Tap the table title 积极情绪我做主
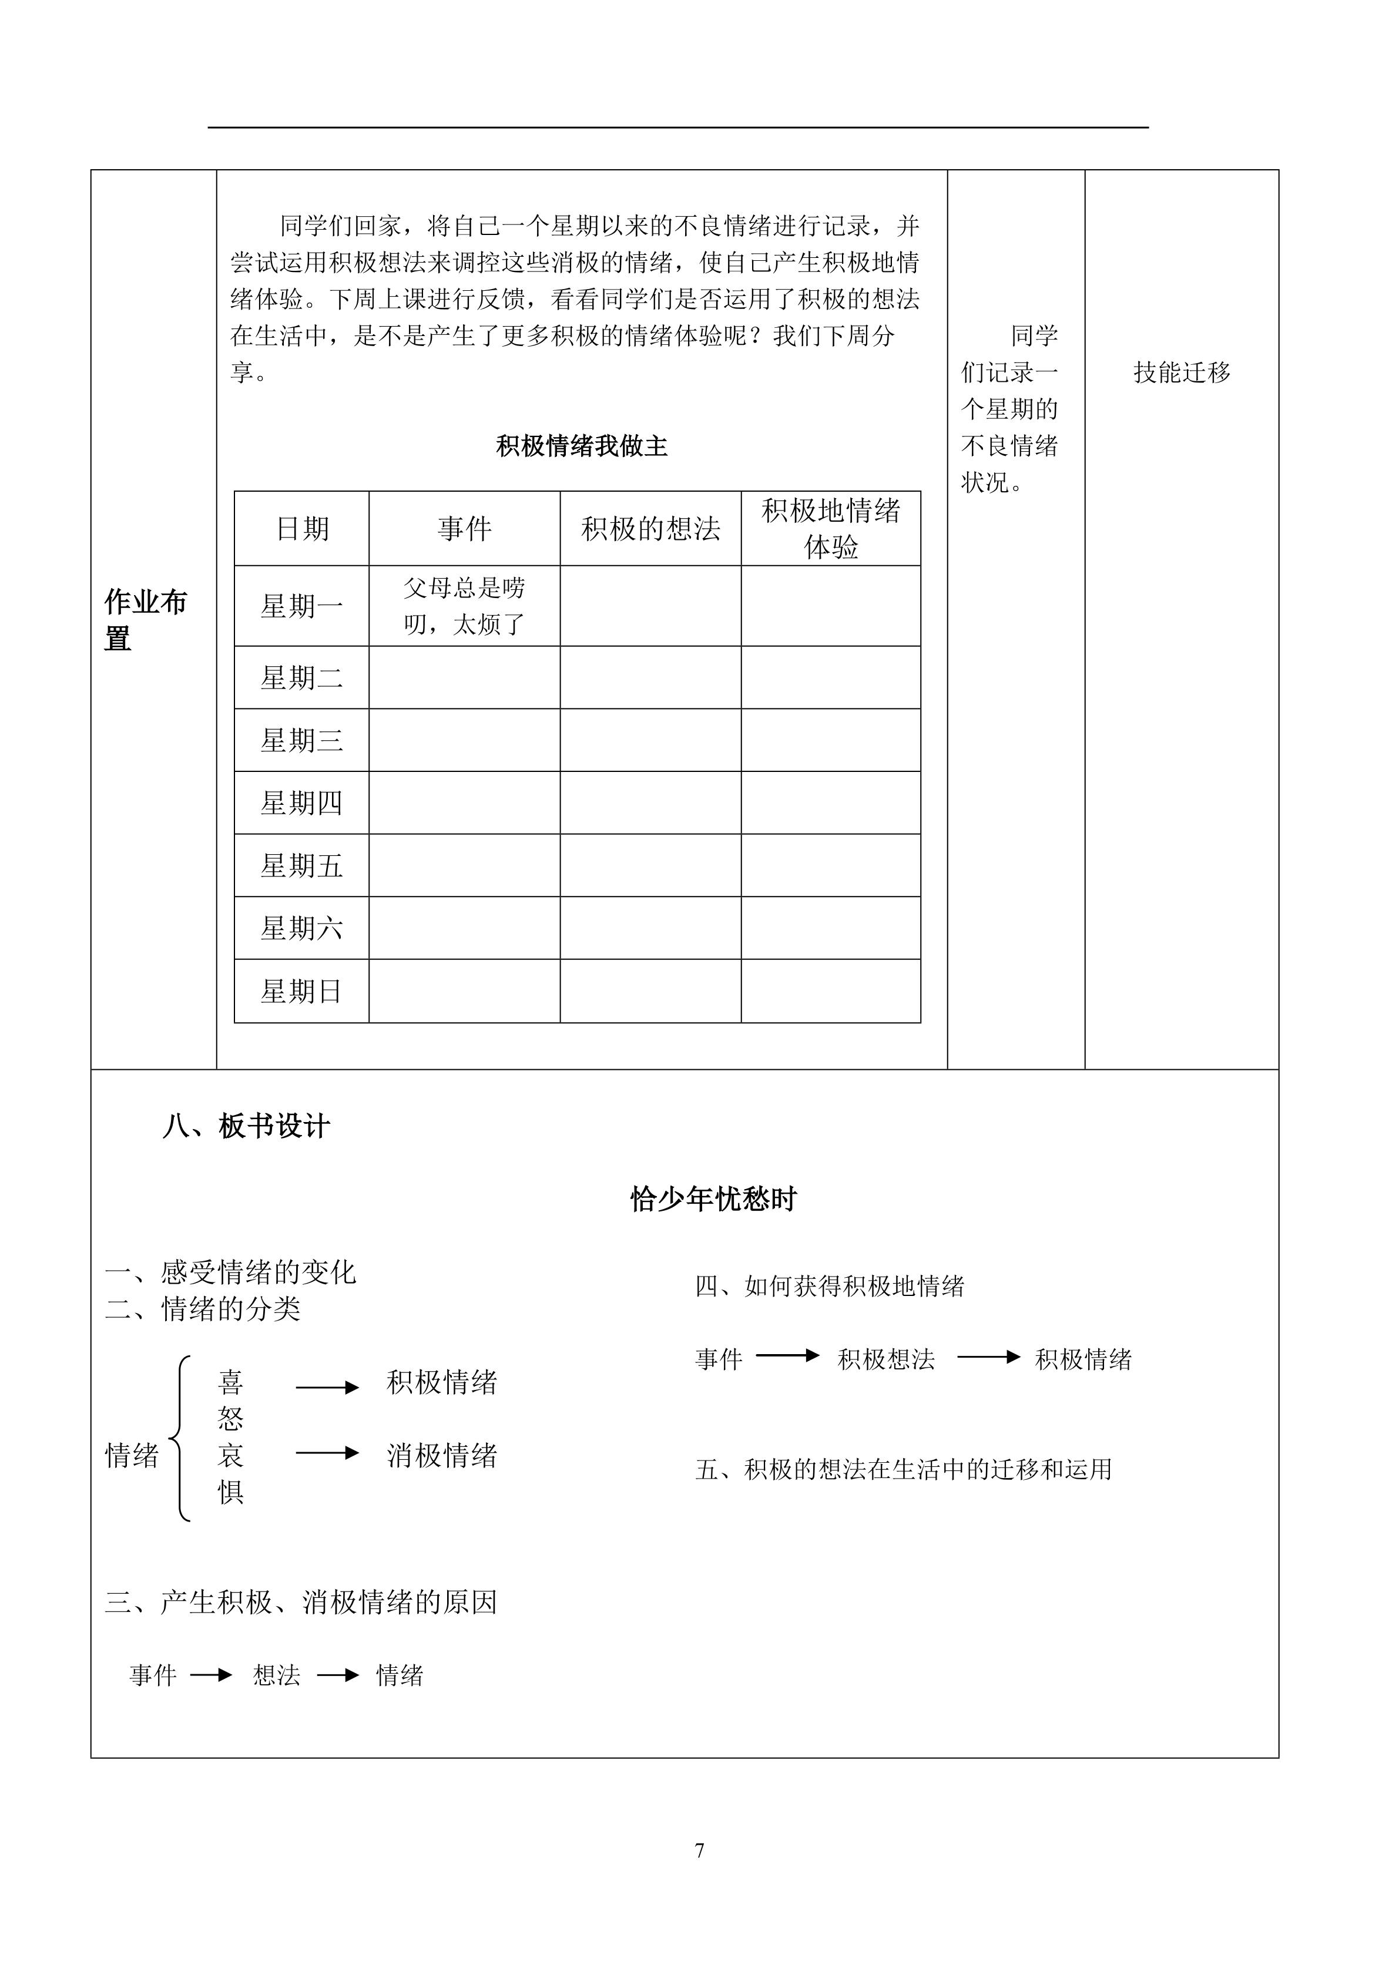pos(582,446)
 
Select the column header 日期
pos(303,529)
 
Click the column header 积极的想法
pos(650,529)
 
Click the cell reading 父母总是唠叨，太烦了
pos(464,606)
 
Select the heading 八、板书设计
pos(246,1126)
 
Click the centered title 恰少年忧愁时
pos(713,1199)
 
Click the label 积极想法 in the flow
pos(885,1359)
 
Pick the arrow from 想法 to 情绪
pos(338,1675)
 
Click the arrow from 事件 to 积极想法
pos(787,1356)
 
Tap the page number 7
pos(699,1851)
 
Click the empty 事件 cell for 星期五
pos(464,866)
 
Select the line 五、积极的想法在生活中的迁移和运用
pos(904,1469)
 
